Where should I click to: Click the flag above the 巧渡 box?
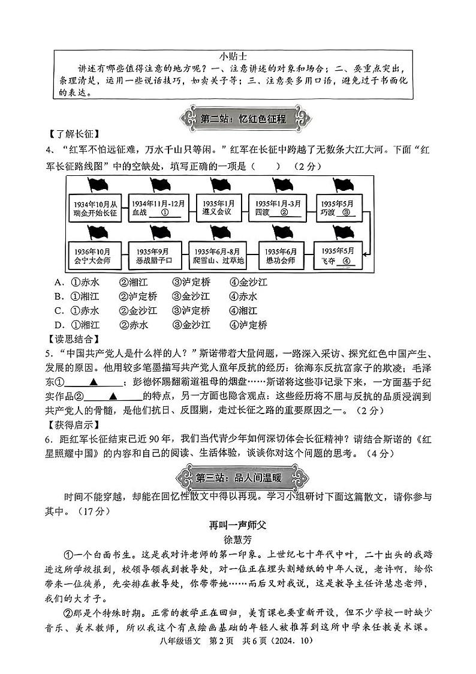click(x=341, y=184)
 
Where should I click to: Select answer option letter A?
click(x=59, y=282)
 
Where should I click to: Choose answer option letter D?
click(x=59, y=325)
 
